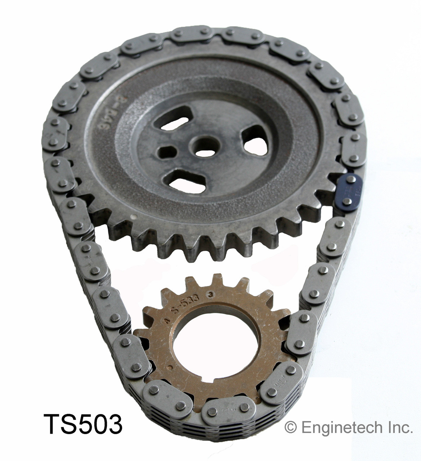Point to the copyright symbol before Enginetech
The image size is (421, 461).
(x=290, y=428)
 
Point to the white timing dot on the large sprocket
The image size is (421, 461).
(x=133, y=217)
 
